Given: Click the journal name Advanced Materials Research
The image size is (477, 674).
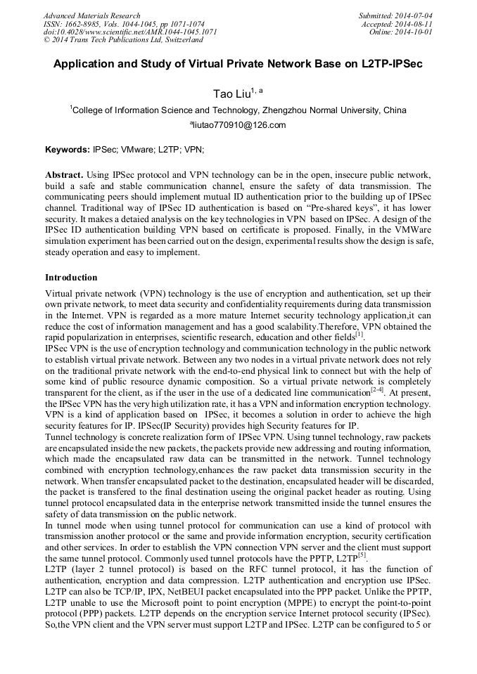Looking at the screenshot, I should click(x=92, y=15).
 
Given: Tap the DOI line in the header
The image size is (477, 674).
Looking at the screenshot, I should click(x=130, y=32).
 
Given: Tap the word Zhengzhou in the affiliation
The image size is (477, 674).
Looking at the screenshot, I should click(x=289, y=110).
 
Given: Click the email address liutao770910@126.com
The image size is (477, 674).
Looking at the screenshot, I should click(x=239, y=126).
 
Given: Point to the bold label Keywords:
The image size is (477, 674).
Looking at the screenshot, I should click(x=68, y=150).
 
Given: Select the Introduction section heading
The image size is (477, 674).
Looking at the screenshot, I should click(x=71, y=278).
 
